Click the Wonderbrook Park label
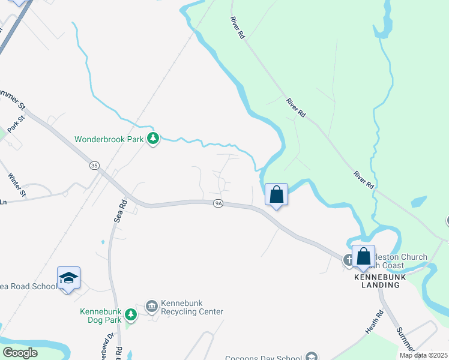(x=109, y=139)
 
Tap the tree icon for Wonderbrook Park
(x=154, y=139)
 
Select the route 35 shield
(x=94, y=165)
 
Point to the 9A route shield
(x=218, y=204)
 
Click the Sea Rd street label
(x=120, y=212)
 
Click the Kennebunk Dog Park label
(x=101, y=316)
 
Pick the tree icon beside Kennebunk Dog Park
(x=130, y=314)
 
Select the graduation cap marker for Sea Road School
(x=68, y=278)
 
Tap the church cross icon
(x=348, y=260)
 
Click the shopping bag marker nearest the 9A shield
(x=276, y=195)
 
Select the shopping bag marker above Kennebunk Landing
(x=363, y=257)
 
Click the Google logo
(x=20, y=353)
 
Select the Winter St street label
(x=17, y=185)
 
